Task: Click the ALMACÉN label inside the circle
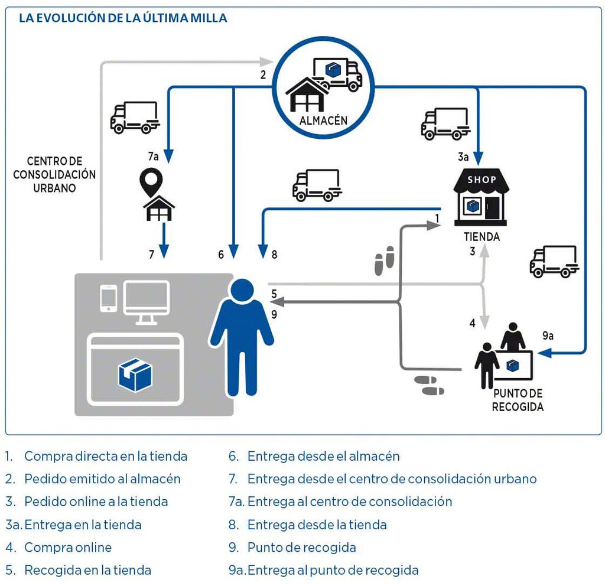click(x=323, y=121)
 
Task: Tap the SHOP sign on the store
click(x=482, y=180)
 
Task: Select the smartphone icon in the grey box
click(x=108, y=298)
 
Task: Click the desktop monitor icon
click(x=146, y=301)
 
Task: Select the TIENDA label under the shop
click(x=482, y=237)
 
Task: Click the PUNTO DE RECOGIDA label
click(x=517, y=400)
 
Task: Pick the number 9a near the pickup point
click(x=548, y=336)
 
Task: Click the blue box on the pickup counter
click(x=512, y=365)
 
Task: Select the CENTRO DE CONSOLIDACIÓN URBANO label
click(x=54, y=174)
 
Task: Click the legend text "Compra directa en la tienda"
click(x=106, y=456)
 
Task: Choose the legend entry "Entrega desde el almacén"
click(x=323, y=456)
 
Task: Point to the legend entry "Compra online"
click(x=68, y=548)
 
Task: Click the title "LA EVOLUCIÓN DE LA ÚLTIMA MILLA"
click(x=123, y=18)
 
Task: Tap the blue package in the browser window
click(x=135, y=375)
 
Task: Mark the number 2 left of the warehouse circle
click(x=263, y=75)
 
